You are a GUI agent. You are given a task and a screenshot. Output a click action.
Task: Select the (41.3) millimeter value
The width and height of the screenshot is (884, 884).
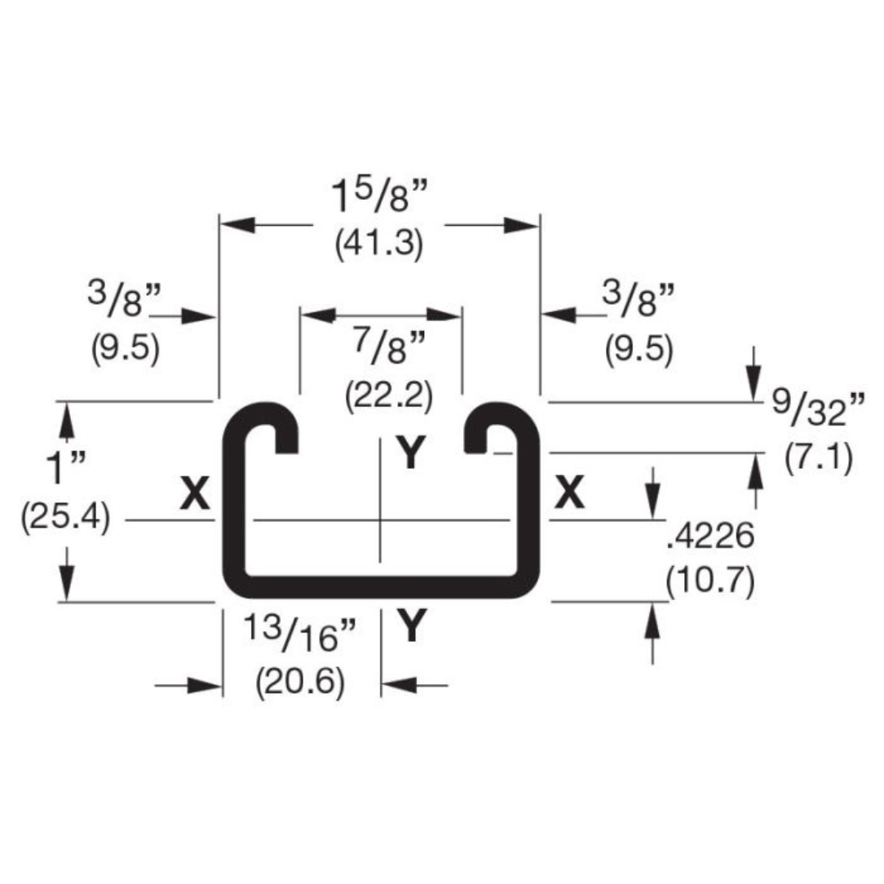(x=378, y=245)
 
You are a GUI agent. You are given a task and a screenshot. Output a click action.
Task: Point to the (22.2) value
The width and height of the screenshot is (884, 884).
(x=388, y=397)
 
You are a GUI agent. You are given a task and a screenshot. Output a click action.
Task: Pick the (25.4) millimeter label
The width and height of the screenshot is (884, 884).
(x=65, y=518)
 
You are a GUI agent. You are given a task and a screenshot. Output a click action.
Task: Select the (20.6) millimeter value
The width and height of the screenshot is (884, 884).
(x=299, y=682)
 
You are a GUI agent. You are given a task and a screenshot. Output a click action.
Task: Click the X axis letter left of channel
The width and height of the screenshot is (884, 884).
(x=195, y=493)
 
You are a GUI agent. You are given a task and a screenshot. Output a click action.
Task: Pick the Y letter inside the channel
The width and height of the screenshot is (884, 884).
(x=410, y=453)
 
